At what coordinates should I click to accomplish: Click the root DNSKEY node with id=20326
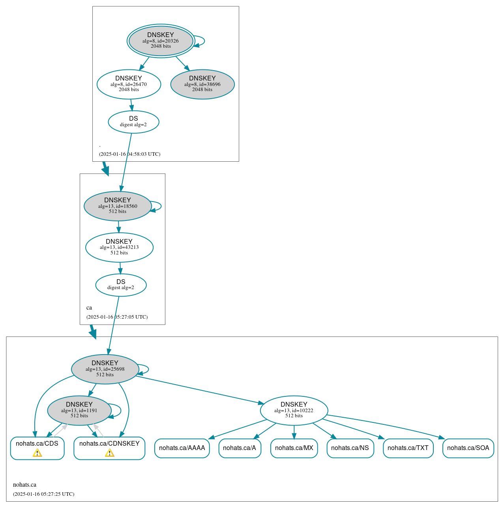[161, 41]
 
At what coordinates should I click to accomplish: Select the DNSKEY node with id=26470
[129, 84]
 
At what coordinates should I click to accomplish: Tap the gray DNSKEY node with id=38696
[202, 84]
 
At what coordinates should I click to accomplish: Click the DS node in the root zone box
[133, 122]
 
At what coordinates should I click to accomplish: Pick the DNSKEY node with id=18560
[118, 206]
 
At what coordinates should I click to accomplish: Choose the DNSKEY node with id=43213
[119, 247]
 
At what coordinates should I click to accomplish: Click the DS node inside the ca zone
[121, 285]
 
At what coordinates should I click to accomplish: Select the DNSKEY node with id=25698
[105, 369]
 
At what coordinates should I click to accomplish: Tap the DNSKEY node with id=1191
[79, 410]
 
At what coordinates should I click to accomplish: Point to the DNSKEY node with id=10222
[294, 410]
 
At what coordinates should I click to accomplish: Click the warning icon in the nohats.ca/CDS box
[37, 453]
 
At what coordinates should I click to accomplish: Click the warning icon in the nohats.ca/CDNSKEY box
[109, 453]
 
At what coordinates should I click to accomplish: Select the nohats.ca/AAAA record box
[182, 448]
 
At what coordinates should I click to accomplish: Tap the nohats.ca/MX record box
[294, 448]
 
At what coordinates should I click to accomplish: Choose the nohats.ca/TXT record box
[408, 448]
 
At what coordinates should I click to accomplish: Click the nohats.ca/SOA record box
[468, 448]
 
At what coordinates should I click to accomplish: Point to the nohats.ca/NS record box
[350, 448]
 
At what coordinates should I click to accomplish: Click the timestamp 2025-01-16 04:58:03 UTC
[129, 154]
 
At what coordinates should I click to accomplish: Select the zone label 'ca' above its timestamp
[89, 308]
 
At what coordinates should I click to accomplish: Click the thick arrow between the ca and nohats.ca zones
[93, 331]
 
